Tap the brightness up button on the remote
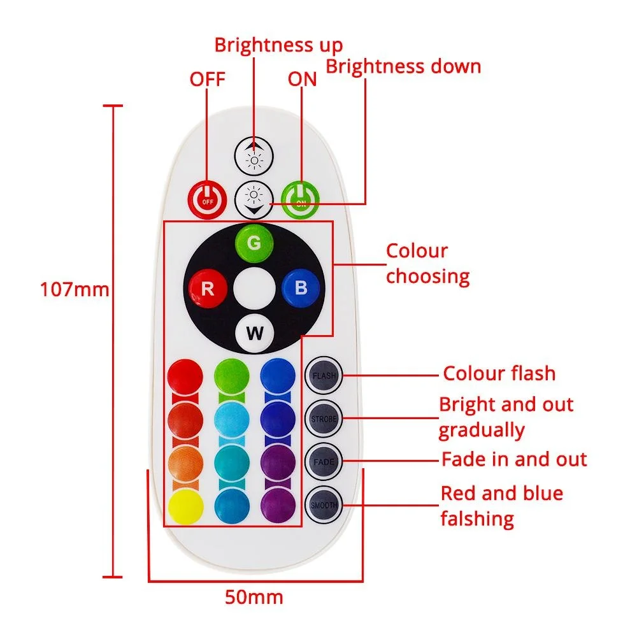pyautogui.click(x=254, y=155)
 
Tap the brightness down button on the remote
pyautogui.click(x=254, y=198)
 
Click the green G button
pyautogui.click(x=254, y=243)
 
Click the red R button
pyautogui.click(x=208, y=288)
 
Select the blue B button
pyautogui.click(x=301, y=288)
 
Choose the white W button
pyautogui.click(x=254, y=333)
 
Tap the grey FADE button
pyautogui.click(x=324, y=461)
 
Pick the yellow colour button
pyautogui.click(x=185, y=505)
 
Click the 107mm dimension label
pyautogui.click(x=75, y=290)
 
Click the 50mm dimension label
pyautogui.click(x=254, y=598)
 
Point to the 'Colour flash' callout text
pyautogui.click(x=499, y=373)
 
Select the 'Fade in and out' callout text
pyautogui.click(x=514, y=459)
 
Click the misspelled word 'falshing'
pyautogui.click(x=477, y=519)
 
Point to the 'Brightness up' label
pyautogui.click(x=278, y=45)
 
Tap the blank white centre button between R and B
pyautogui.click(x=254, y=288)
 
